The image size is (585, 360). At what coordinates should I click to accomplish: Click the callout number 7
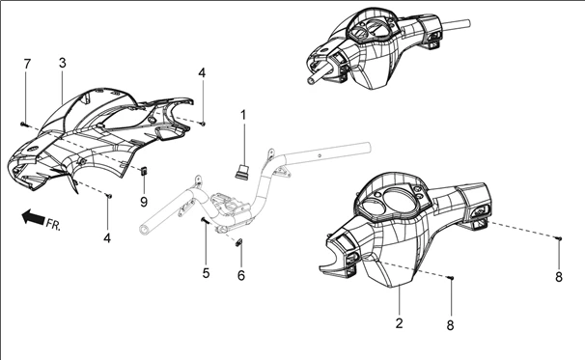(x=26, y=64)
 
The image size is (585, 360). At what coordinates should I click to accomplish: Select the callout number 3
(x=63, y=63)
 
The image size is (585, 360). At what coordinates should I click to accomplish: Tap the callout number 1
(x=243, y=115)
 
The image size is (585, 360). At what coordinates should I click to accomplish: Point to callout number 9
(x=144, y=202)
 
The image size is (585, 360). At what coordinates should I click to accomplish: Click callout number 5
(x=206, y=273)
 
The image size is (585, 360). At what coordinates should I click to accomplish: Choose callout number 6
(x=241, y=275)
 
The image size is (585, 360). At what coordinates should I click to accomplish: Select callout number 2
(x=400, y=323)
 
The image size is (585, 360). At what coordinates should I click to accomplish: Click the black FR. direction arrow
(x=33, y=217)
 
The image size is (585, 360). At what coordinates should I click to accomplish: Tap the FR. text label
(x=53, y=224)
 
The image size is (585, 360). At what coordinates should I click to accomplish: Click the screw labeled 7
(x=24, y=124)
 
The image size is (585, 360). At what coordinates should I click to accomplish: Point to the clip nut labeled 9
(x=144, y=171)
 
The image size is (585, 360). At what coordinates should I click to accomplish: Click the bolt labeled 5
(x=205, y=221)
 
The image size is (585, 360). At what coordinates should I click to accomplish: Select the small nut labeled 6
(x=240, y=242)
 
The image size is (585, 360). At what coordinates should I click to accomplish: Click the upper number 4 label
(x=202, y=72)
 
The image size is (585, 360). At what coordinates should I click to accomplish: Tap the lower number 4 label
(x=107, y=238)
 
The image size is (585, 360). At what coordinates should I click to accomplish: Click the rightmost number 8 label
(x=559, y=277)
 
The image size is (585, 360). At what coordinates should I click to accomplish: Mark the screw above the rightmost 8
(x=559, y=238)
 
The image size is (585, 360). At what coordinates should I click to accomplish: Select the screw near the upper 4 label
(x=203, y=123)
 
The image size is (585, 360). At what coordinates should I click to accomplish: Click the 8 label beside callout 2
(x=450, y=325)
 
